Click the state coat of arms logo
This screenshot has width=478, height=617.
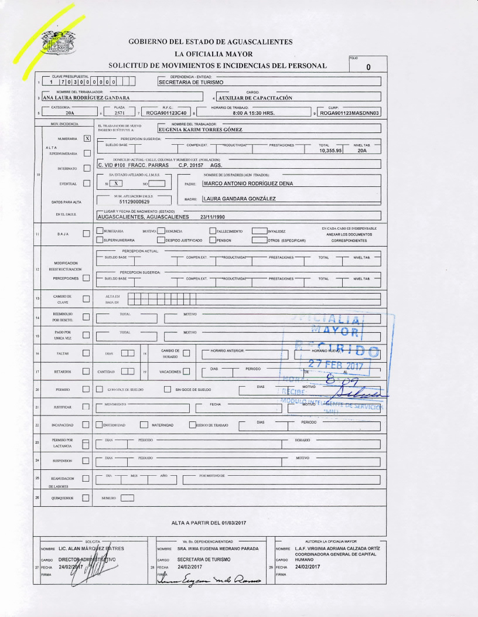[60, 42]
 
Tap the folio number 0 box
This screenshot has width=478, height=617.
[368, 67]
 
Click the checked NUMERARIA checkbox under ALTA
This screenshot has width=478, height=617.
[87, 138]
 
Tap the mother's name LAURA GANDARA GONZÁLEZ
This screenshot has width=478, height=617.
[238, 199]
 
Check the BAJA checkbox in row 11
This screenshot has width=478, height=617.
[87, 234]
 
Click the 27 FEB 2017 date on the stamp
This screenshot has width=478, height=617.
[336, 367]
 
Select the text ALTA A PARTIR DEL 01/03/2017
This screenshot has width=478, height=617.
[209, 522]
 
